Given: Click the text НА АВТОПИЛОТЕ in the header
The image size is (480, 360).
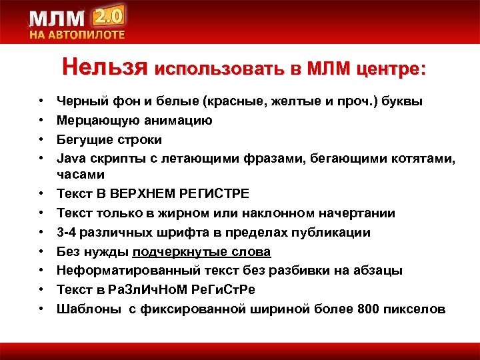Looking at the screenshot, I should point(76,35).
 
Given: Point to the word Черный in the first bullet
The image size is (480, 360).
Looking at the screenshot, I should point(79,101).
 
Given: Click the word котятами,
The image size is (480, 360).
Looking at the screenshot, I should point(415,159).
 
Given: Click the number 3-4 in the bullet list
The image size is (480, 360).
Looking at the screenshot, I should point(68,233).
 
